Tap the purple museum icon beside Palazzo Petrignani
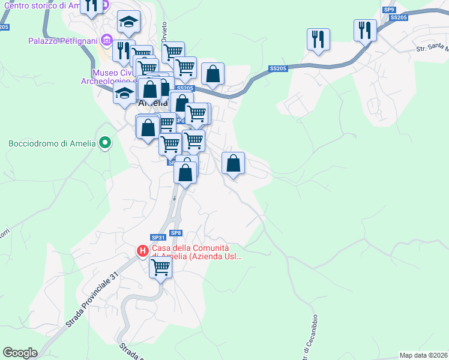coord(107,40)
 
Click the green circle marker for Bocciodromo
coord(106,143)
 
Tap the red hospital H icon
coord(143,251)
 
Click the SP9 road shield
coord(390,10)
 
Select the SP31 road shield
coord(158,238)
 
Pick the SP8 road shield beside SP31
coord(175,233)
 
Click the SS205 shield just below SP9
coord(399,18)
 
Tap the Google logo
coord(20,353)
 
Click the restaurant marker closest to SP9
coord(365,30)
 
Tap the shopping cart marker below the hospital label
coord(160,267)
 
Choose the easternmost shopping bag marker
coord(233,163)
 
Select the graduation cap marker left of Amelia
coord(125,94)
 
